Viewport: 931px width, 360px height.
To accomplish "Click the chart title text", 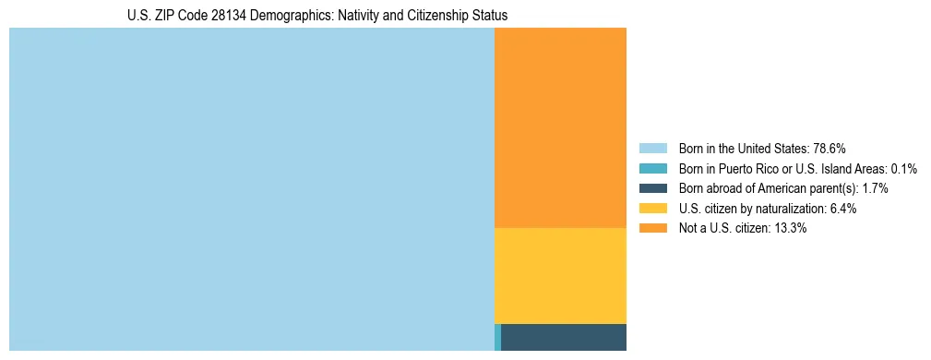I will tap(317, 16).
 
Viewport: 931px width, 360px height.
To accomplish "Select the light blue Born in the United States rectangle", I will tap(251, 189).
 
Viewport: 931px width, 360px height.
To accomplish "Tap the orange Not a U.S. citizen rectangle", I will tap(560, 127).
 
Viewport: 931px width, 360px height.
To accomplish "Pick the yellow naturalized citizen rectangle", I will tap(560, 275).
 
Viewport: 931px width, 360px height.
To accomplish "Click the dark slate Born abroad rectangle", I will tap(564, 337).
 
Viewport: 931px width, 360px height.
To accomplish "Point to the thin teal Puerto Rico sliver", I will tap(498, 337).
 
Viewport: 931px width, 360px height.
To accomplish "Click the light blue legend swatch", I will tap(652, 149).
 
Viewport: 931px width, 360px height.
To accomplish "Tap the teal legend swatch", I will tap(652, 169).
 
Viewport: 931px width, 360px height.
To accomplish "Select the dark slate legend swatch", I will tap(652, 188).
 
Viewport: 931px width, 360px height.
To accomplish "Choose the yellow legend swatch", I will tap(652, 209).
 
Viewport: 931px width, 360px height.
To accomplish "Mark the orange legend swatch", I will tap(652, 228).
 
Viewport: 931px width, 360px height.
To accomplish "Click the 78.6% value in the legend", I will tap(830, 149).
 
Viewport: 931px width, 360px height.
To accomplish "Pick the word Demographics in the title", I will tap(266, 16).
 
